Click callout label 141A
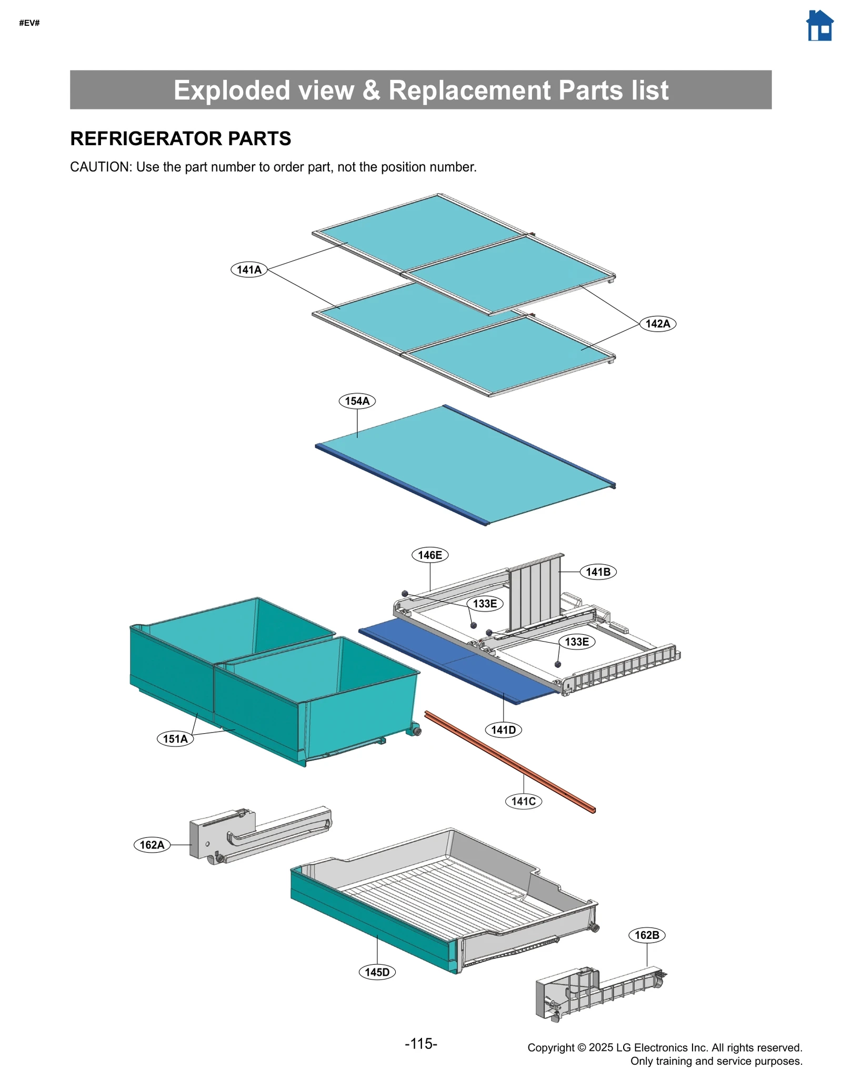click(249, 270)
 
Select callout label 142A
click(657, 324)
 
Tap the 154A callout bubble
click(357, 401)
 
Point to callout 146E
click(429, 555)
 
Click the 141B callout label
click(598, 572)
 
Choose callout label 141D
click(503, 729)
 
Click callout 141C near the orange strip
click(523, 801)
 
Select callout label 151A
click(175, 738)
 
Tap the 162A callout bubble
click(152, 845)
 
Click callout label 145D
click(377, 972)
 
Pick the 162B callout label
click(647, 935)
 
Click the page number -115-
click(421, 1044)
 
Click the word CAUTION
click(100, 167)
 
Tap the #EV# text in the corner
click(29, 23)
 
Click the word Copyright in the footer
click(550, 1047)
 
